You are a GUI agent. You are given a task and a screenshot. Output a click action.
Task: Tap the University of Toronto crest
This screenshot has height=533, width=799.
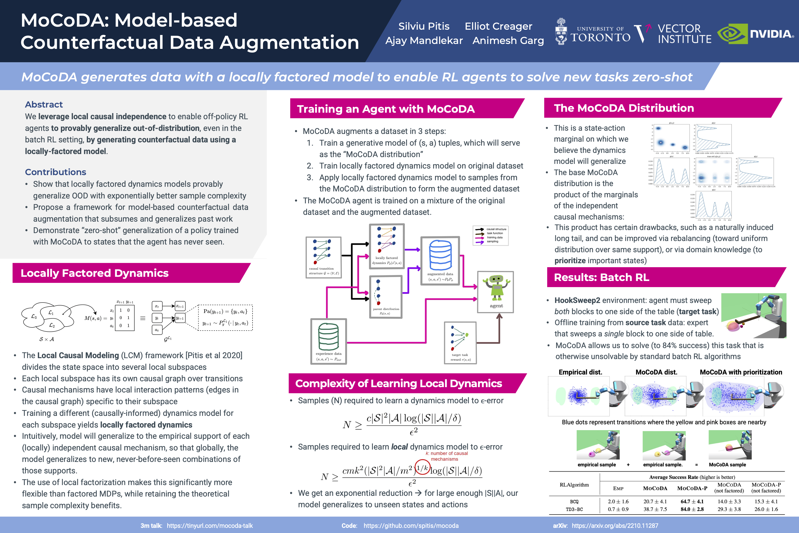pyautogui.click(x=561, y=32)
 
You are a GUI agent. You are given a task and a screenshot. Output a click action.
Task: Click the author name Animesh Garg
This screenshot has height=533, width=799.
pyautogui.click(x=508, y=40)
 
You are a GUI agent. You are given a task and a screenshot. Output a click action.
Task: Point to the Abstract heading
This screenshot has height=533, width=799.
pyautogui.click(x=44, y=104)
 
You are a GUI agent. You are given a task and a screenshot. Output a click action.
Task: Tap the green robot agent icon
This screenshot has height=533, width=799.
pyautogui.click(x=496, y=288)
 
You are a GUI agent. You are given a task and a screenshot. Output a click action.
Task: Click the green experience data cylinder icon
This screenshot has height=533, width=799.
pyautogui.click(x=328, y=337)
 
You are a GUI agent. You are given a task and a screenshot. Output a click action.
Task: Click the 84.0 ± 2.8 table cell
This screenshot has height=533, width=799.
pyautogui.click(x=692, y=509)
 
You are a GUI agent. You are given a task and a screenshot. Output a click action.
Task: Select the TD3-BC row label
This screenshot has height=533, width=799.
pyautogui.click(x=574, y=509)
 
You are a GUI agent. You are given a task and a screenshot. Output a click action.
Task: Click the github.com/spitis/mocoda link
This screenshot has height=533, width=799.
pyautogui.click(x=411, y=526)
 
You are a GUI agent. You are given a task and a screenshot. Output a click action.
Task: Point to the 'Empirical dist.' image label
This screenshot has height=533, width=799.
pyautogui.click(x=580, y=372)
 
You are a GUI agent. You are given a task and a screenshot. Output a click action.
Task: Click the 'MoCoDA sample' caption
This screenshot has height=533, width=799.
pyautogui.click(x=727, y=465)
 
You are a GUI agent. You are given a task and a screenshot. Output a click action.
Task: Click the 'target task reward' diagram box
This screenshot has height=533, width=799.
pyautogui.click(x=460, y=343)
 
